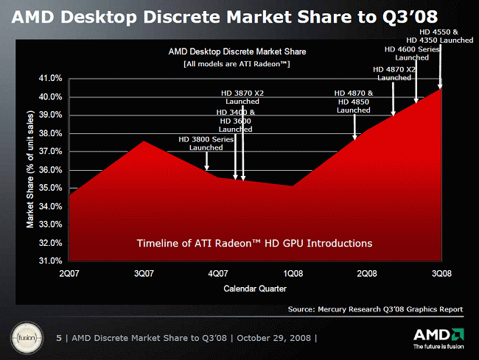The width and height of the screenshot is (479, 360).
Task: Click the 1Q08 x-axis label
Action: [293, 274]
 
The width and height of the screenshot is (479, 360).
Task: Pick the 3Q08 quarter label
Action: [441, 274]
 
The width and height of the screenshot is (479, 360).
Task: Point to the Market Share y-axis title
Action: [30, 169]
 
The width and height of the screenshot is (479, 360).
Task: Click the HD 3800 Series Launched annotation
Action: [206, 143]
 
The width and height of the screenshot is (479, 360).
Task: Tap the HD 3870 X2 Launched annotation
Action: [242, 97]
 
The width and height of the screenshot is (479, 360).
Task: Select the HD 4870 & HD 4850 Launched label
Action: [354, 102]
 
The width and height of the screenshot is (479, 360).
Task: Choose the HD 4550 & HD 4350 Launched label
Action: [440, 36]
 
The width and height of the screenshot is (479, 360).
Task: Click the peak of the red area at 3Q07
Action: [143, 141]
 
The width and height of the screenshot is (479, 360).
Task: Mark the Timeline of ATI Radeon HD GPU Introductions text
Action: [255, 243]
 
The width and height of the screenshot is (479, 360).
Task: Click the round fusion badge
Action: [24, 338]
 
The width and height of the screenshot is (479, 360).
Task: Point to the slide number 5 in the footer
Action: [59, 338]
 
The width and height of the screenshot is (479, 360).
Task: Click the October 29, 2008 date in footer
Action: [275, 338]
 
